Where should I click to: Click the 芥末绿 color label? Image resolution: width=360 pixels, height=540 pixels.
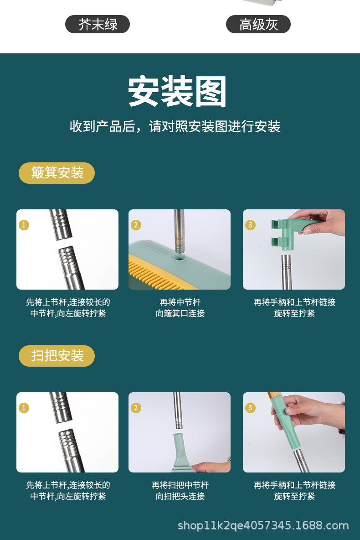click(98, 24)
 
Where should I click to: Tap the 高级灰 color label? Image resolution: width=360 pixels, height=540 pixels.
click(258, 24)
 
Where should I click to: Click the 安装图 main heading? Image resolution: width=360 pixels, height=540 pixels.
click(177, 92)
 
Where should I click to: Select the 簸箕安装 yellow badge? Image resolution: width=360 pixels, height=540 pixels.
click(57, 173)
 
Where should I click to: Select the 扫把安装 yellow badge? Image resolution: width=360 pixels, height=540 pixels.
click(57, 356)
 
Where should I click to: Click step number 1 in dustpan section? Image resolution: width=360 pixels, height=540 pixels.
click(24, 225)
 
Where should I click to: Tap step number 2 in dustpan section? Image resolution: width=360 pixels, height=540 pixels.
click(136, 225)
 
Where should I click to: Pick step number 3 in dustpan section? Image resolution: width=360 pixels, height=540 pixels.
click(250, 225)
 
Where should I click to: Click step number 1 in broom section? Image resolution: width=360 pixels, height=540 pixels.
click(24, 408)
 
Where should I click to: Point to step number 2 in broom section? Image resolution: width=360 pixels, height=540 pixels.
click(136, 408)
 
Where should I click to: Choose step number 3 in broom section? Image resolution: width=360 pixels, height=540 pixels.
click(250, 408)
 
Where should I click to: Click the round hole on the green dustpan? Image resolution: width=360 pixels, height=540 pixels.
click(179, 257)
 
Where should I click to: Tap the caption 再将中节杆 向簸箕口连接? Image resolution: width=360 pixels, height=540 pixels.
click(180, 308)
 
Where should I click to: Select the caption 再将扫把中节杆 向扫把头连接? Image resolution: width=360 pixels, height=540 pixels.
click(180, 491)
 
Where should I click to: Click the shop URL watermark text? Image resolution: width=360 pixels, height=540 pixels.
click(263, 525)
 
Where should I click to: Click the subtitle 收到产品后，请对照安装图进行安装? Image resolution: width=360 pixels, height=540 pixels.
click(175, 126)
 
